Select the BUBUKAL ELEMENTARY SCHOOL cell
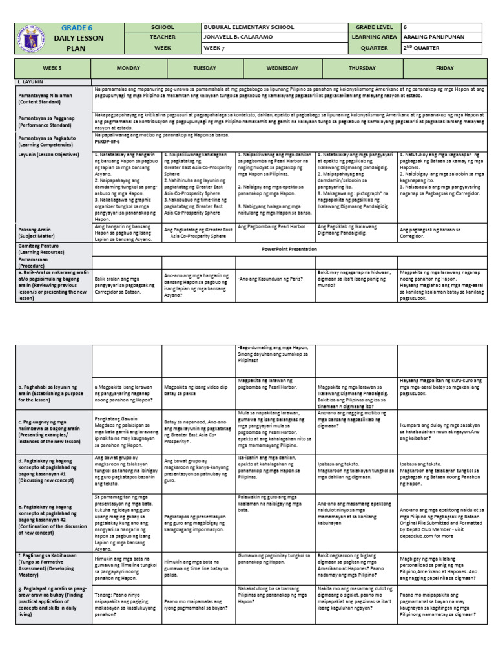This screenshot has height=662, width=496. point(247,27)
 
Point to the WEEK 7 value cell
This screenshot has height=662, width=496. point(217,48)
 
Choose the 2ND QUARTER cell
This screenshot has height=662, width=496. point(421,48)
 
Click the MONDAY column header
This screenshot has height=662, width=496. point(127,68)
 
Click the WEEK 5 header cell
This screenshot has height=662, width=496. point(52,68)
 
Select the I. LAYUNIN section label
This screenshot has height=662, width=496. point(32,83)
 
